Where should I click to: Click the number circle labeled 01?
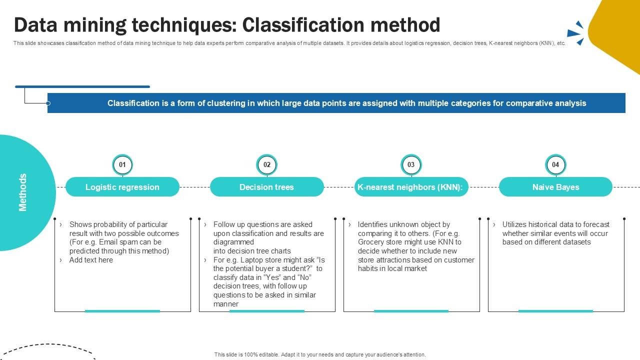[x=122, y=164]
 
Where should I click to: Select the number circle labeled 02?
[x=267, y=164]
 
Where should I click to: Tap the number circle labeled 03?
[x=411, y=164]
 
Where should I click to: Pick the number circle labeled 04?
[x=555, y=164]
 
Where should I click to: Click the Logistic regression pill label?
[x=122, y=187]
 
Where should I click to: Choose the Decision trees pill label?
[x=267, y=187]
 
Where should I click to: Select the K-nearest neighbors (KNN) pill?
[x=411, y=187]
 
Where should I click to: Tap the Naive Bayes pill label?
[x=555, y=187]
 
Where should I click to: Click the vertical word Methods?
[x=23, y=192]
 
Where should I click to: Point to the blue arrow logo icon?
[x=576, y=33]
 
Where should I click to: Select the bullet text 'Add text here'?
[x=91, y=260]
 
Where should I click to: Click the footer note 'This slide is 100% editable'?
[x=320, y=354]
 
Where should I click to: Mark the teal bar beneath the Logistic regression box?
[x=122, y=311]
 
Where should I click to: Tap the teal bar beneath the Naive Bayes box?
[x=555, y=311]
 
